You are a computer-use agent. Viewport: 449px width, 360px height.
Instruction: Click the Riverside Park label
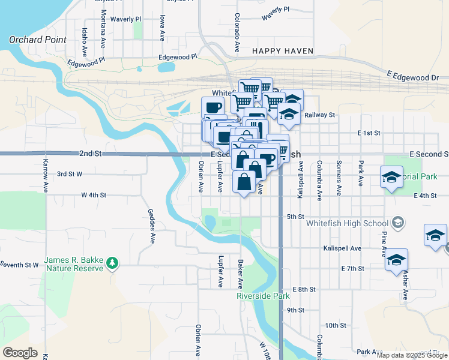pos(263,296)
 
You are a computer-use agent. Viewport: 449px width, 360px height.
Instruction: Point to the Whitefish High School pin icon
pos(397,224)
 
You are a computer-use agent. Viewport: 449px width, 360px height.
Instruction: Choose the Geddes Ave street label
pos(152,226)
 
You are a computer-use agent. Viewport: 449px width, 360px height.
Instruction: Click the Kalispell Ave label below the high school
pos(342,248)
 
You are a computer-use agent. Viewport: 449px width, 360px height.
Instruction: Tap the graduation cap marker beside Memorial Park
pos(391,178)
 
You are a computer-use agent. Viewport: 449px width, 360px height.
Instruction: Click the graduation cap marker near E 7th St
pos(396,260)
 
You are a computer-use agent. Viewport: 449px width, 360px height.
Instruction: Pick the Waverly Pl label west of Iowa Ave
pos(125,19)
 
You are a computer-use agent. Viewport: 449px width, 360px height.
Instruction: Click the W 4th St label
pos(94,195)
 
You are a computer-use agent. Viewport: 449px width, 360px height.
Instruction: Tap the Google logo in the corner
pos(20,353)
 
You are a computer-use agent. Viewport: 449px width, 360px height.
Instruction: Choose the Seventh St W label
pos(19,265)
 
